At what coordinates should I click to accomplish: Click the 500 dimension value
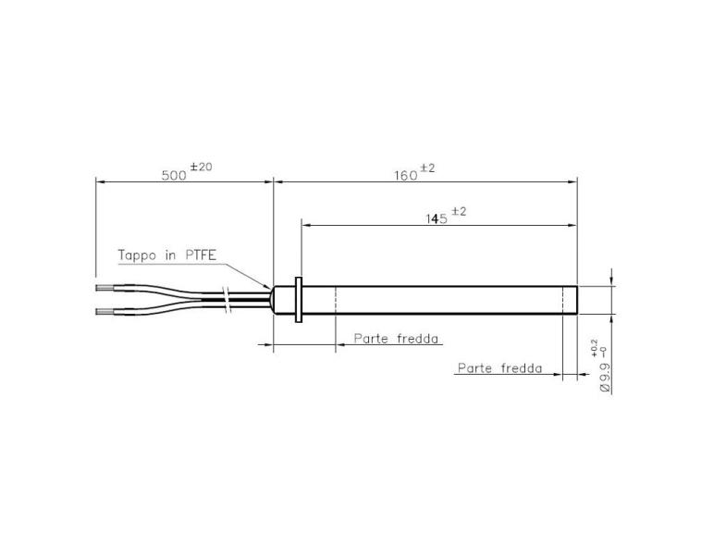174,174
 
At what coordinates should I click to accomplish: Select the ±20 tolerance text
201,167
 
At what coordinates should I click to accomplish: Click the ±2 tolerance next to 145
459,211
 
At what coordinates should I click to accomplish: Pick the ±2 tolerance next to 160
428,168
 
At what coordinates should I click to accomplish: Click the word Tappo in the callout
138,255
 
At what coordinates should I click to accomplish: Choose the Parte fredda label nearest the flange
397,339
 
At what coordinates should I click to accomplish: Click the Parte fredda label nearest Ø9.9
499,368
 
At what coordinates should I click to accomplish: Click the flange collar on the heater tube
299,300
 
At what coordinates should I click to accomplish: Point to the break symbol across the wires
227,298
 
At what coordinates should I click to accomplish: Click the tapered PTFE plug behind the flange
281,300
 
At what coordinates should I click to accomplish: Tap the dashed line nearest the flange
335,300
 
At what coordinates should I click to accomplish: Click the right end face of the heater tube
577,300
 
